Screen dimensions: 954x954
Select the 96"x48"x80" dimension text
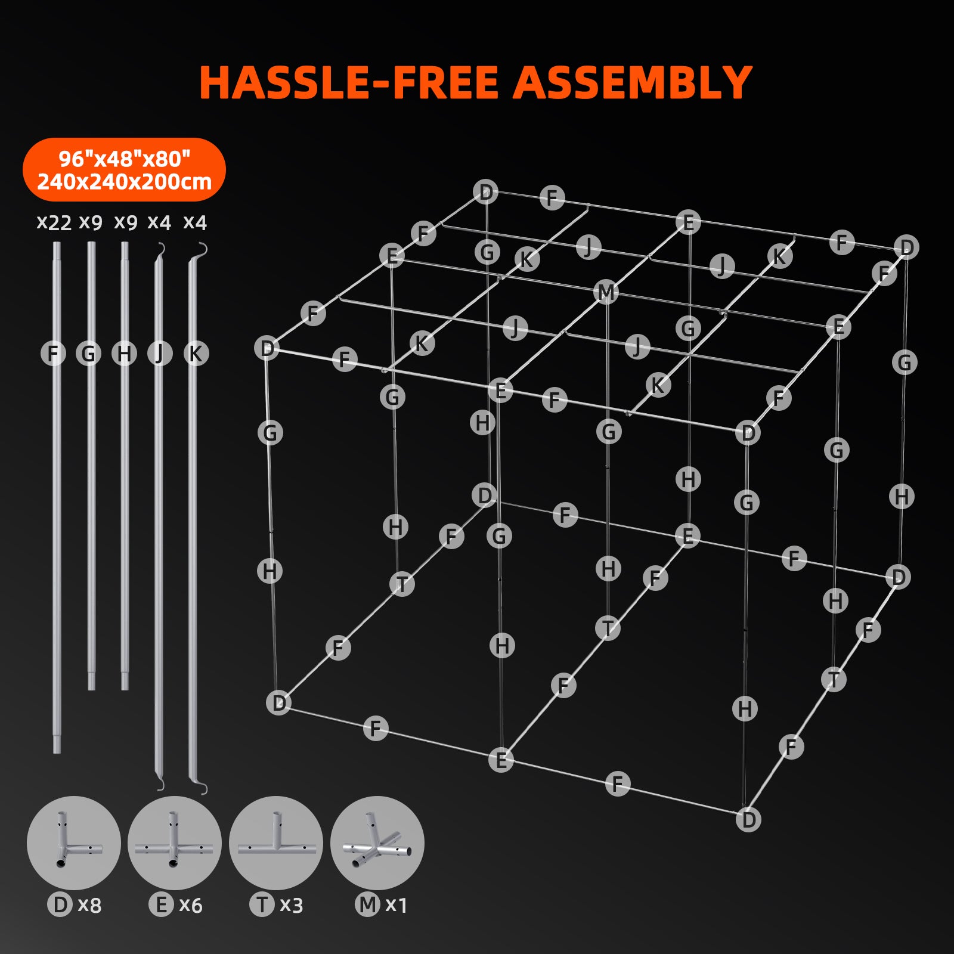(124, 159)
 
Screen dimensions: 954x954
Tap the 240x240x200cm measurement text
(124, 181)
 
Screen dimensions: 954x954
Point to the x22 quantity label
(54, 222)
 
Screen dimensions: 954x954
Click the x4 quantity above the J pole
(159, 222)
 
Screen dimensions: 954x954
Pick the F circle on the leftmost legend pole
(53, 354)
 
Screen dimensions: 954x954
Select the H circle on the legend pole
(124, 354)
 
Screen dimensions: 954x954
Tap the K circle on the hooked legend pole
(196, 354)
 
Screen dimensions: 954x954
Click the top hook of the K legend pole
(202, 247)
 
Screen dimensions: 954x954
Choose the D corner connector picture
(74, 843)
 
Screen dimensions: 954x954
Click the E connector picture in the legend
(174, 843)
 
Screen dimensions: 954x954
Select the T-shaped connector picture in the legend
(276, 843)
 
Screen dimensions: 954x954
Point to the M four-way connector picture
(377, 843)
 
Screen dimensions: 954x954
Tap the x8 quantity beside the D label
(89, 905)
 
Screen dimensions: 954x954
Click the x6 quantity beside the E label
(191, 905)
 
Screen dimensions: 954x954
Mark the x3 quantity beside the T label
(292, 905)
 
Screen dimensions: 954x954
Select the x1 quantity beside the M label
(396, 905)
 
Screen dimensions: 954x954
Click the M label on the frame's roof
(606, 292)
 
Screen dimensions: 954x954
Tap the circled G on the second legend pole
(88, 354)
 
